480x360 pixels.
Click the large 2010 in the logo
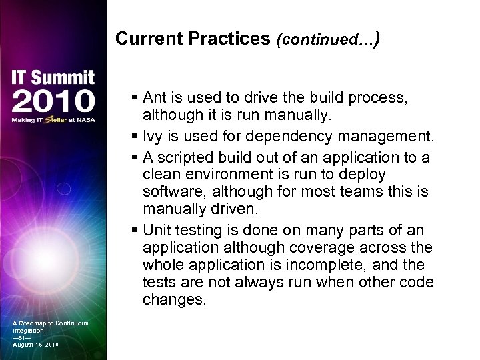coord(53,101)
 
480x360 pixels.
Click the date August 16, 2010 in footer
coord(35,345)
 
